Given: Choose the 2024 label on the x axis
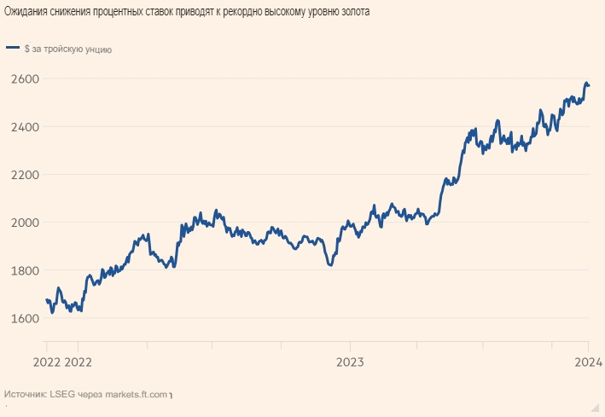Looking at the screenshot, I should pyautogui.click(x=588, y=362).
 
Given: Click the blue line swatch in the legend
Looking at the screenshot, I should pyautogui.click(x=13, y=49).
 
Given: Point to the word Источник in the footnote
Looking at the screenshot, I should pyautogui.click(x=24, y=395).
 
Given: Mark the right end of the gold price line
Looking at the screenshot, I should pyautogui.click(x=589, y=85).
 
